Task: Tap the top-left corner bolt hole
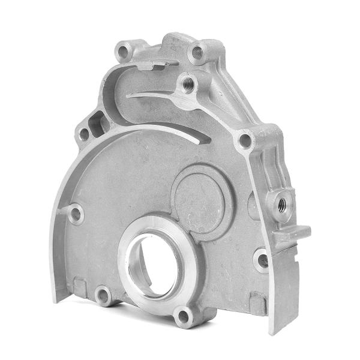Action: (124, 51)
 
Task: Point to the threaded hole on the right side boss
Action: (280, 202)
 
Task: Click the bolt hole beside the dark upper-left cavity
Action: (83, 134)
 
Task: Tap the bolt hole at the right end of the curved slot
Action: (244, 141)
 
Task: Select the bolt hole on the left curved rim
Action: (76, 214)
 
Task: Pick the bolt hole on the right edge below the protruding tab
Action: (262, 260)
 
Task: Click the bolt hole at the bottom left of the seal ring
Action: (103, 295)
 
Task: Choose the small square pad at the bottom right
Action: (257, 301)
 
